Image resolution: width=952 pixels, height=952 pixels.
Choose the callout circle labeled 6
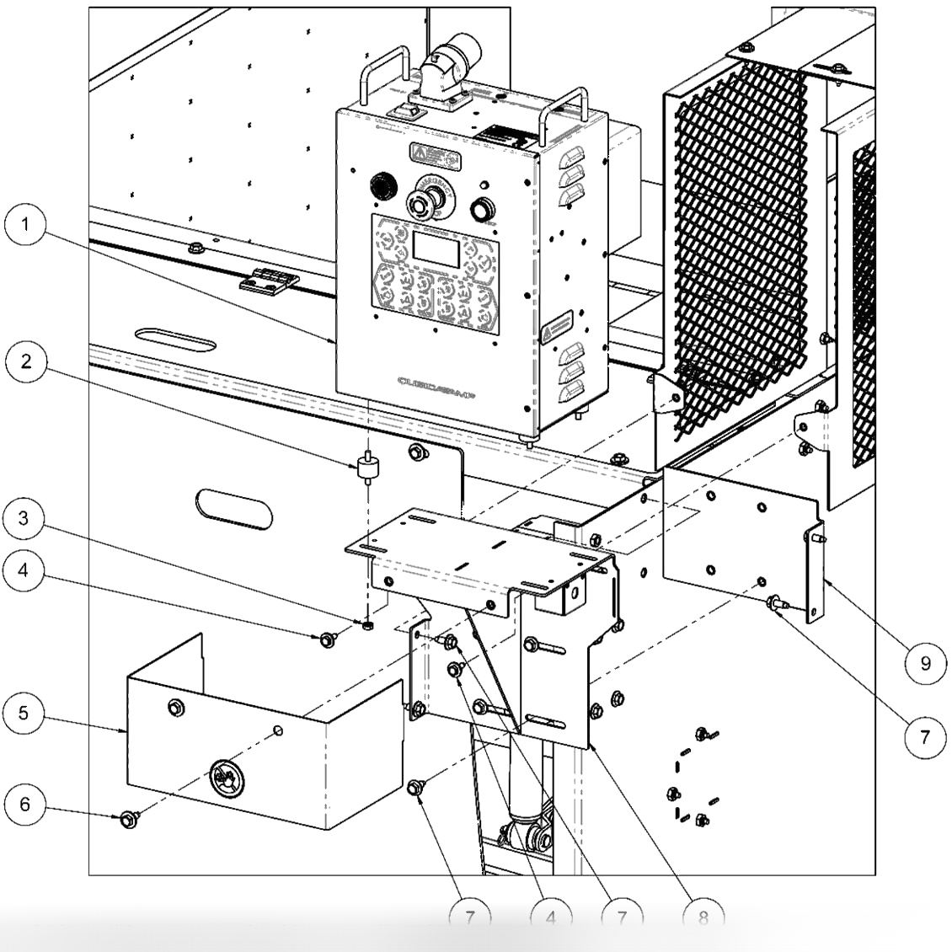pos(27,805)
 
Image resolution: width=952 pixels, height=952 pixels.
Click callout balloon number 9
pos(923,663)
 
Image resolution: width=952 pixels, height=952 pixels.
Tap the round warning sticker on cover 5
pos(227,773)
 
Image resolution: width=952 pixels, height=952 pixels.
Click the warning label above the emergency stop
pos(433,155)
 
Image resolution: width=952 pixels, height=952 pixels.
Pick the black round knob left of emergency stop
pos(381,183)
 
